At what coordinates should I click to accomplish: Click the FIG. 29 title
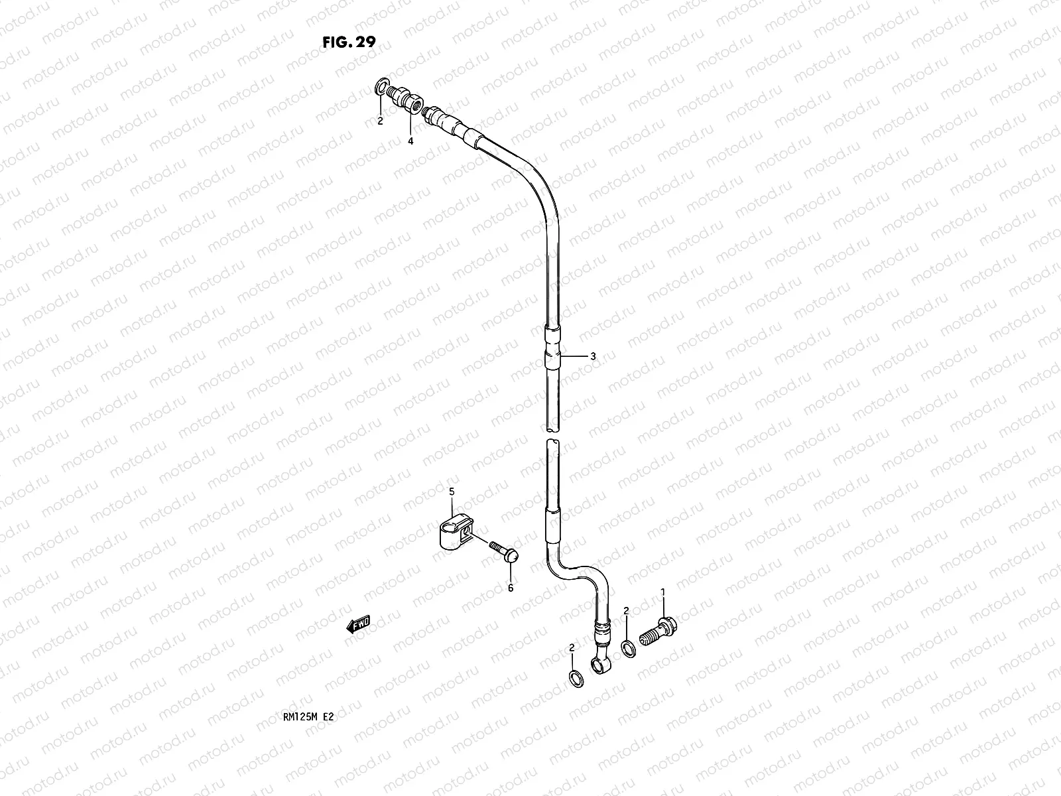(x=349, y=42)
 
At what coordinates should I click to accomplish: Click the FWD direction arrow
(x=358, y=624)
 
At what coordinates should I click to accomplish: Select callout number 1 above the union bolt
(x=662, y=590)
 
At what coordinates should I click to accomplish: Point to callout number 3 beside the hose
(x=593, y=356)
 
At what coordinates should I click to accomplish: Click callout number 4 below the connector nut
(x=410, y=141)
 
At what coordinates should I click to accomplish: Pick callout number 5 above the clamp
(x=452, y=492)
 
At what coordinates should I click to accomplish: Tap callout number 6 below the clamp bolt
(x=510, y=587)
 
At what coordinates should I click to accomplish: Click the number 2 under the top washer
(x=380, y=121)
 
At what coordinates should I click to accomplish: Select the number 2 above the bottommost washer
(x=572, y=647)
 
